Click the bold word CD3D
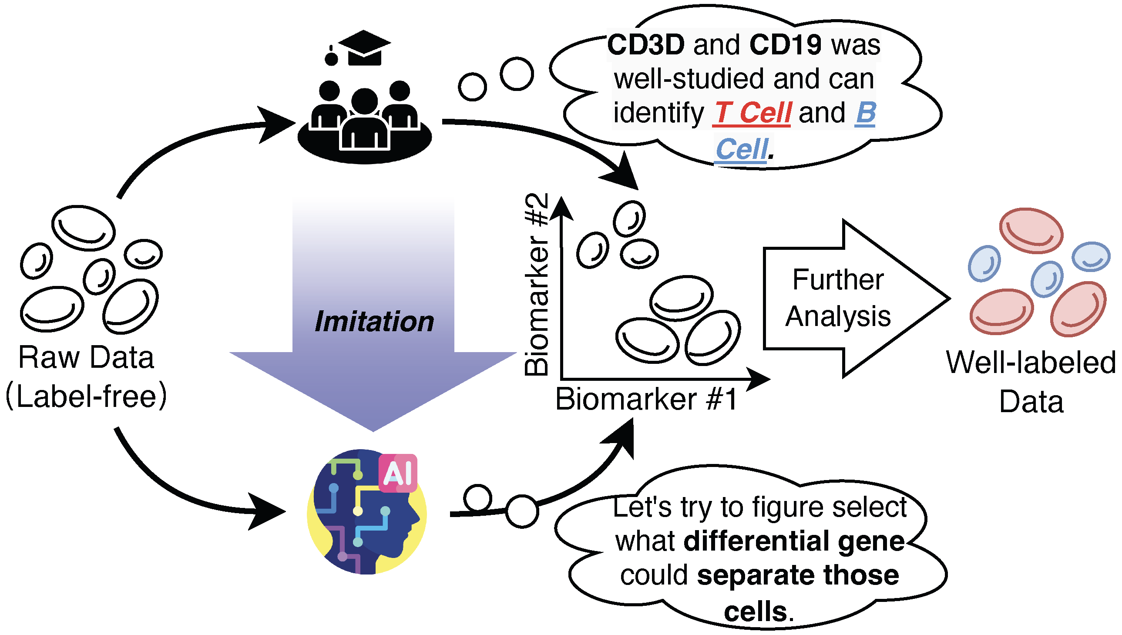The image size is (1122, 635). click(645, 45)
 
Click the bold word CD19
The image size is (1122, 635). click(785, 45)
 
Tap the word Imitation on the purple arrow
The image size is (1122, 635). click(374, 322)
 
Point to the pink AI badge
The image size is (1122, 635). click(398, 473)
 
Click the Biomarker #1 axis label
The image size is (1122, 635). click(646, 400)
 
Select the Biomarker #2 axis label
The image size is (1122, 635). click(536, 284)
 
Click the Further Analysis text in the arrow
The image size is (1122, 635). click(838, 298)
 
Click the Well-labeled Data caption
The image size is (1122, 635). click(1031, 382)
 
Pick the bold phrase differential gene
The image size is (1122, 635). click(794, 542)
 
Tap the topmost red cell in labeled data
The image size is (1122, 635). click(1031, 231)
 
